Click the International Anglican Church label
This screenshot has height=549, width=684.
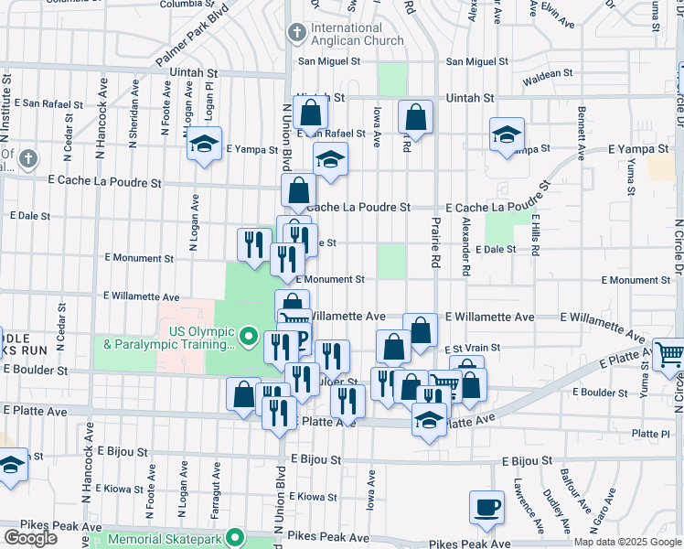(x=357, y=34)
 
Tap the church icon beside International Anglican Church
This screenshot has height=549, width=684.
(x=296, y=34)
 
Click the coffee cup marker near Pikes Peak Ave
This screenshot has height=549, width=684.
(x=486, y=507)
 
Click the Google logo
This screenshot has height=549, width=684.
(x=30, y=537)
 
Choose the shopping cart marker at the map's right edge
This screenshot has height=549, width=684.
(x=670, y=353)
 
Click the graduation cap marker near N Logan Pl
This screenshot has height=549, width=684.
(x=205, y=144)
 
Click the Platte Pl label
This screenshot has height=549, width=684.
(x=650, y=434)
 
